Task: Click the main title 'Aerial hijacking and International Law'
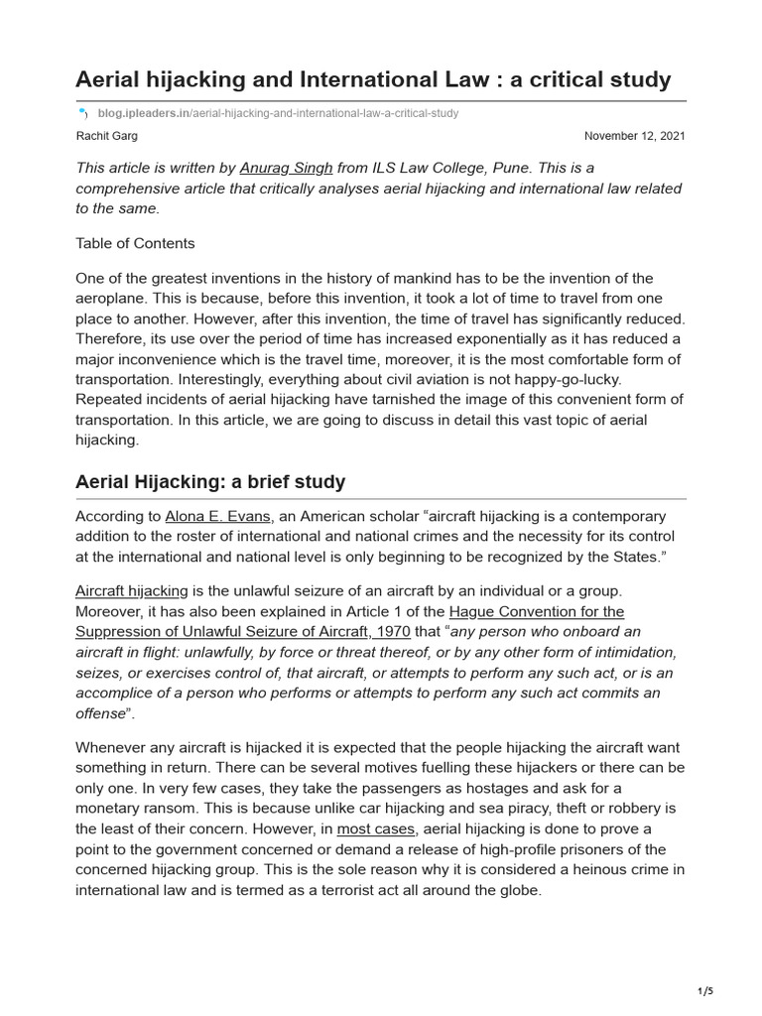coord(373,78)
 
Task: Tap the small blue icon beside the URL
coord(81,114)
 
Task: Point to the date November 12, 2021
coord(634,136)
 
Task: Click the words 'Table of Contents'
coord(135,243)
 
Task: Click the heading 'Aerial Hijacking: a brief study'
coord(210,482)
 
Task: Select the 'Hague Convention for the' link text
coord(537,611)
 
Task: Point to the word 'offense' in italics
coord(100,714)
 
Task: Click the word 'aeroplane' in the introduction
coord(115,299)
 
